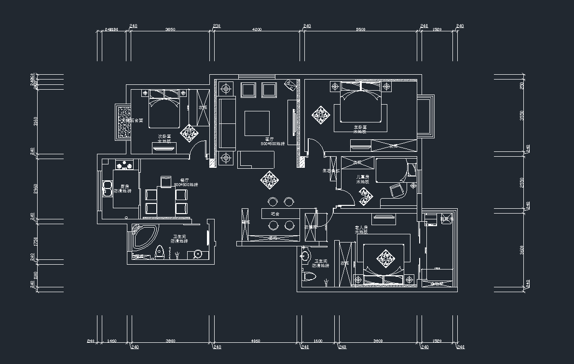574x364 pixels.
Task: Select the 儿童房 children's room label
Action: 362,177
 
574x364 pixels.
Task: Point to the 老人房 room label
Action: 361,227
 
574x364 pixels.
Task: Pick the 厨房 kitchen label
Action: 124,186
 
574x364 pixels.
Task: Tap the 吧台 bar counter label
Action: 275,213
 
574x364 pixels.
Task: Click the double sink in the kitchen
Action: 107,189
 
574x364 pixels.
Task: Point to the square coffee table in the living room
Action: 257,123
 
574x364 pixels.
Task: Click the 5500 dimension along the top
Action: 361,29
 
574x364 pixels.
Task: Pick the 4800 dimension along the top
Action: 257,29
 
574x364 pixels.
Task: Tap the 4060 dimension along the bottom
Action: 256,341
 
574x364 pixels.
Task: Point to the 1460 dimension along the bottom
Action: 111,341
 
